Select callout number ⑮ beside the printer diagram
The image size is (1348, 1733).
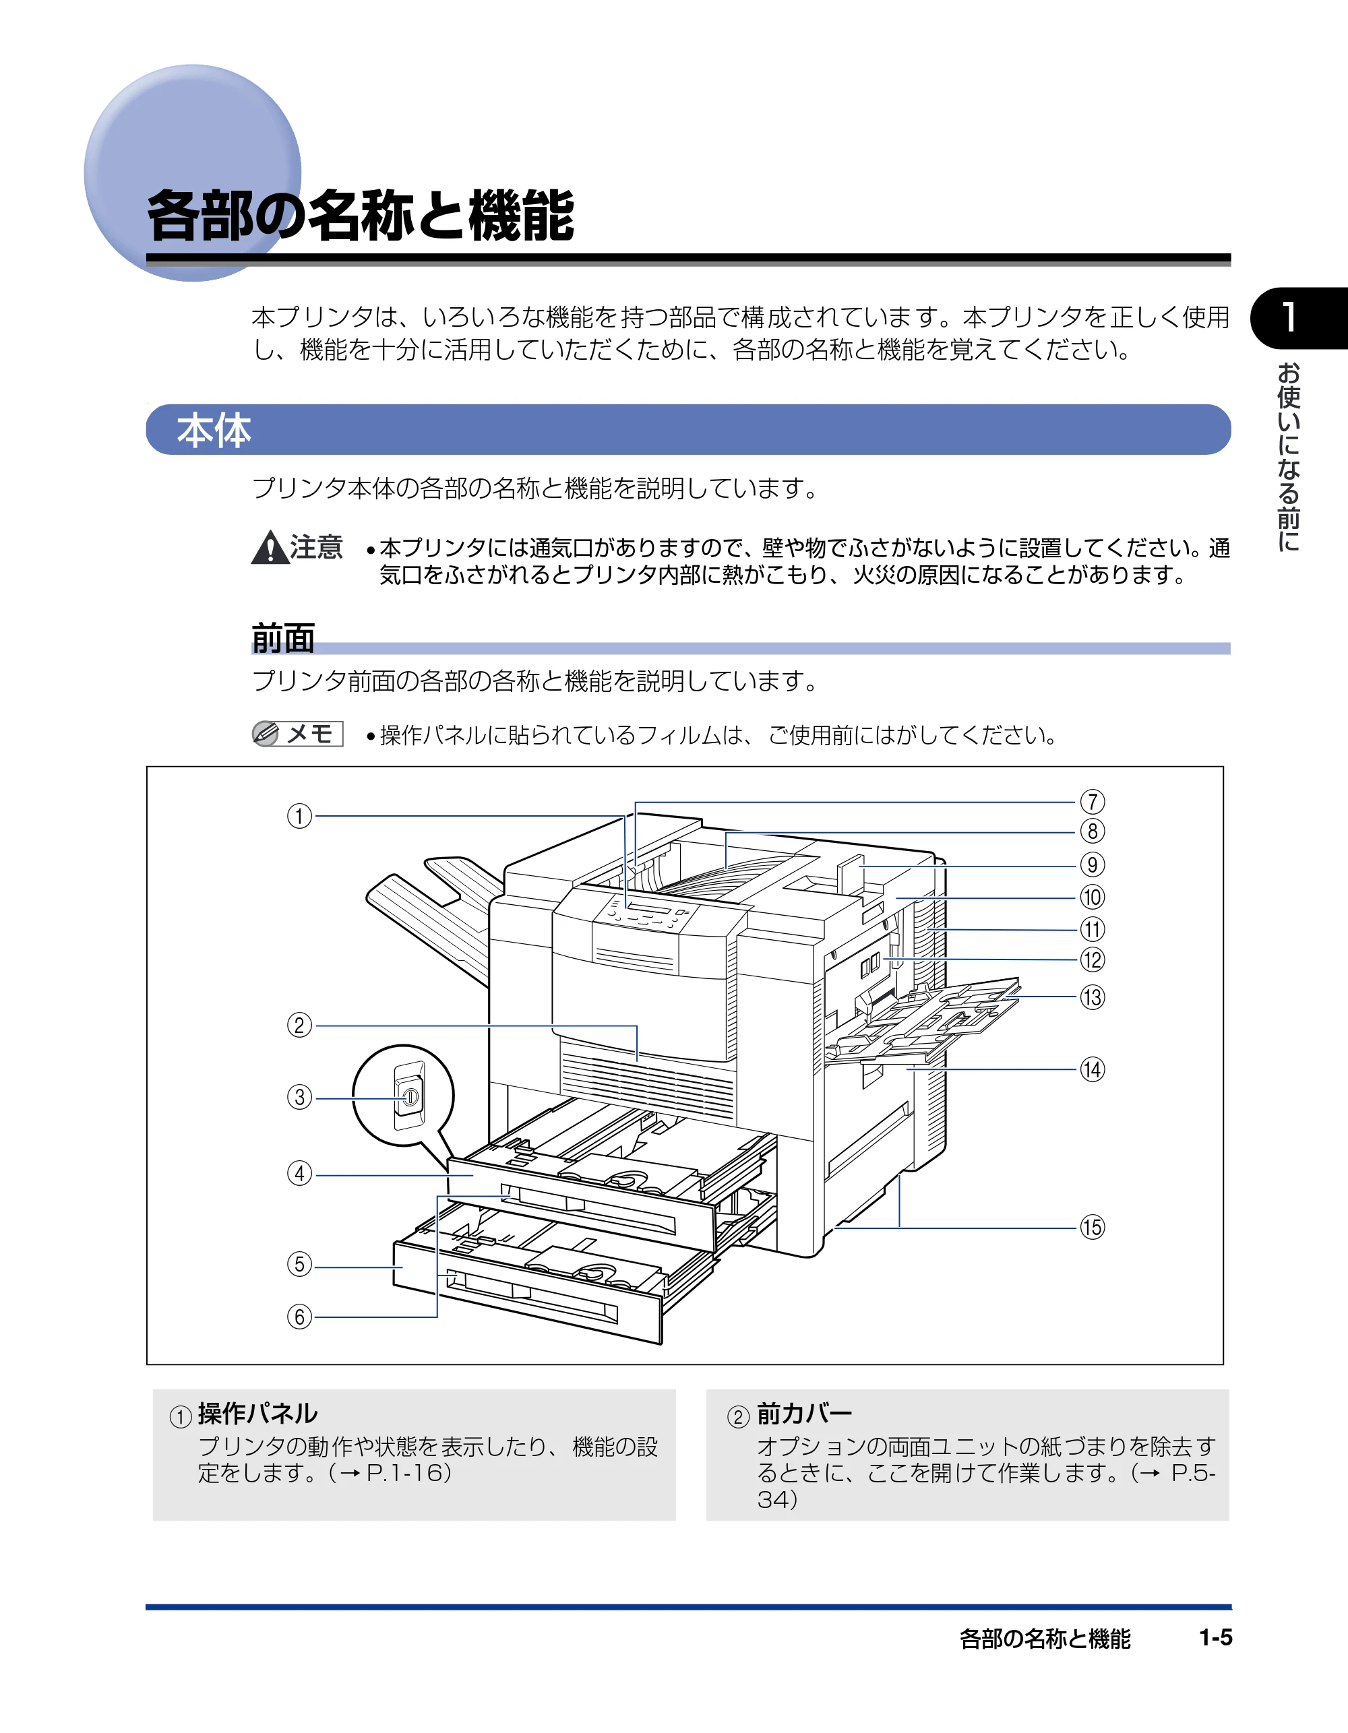[x=1093, y=1228]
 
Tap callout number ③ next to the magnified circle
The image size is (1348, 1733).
[x=299, y=1098]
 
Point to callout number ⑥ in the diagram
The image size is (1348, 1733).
[x=299, y=1317]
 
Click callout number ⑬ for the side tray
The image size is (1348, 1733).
[x=1093, y=997]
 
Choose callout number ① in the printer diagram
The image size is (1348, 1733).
[x=299, y=816]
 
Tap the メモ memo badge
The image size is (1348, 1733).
[x=297, y=734]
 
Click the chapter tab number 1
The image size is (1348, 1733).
[x=1289, y=317]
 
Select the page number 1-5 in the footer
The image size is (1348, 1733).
[x=1215, y=1638]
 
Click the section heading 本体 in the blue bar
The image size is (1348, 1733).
[x=214, y=430]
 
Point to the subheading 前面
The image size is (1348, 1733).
[x=283, y=638]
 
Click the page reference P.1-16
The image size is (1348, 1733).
[x=405, y=1473]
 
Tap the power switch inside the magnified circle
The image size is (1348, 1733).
[x=409, y=1097]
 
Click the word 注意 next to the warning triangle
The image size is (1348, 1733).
[x=316, y=546]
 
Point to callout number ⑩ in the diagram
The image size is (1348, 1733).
[x=1093, y=897]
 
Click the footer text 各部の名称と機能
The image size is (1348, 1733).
[x=1045, y=1639]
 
